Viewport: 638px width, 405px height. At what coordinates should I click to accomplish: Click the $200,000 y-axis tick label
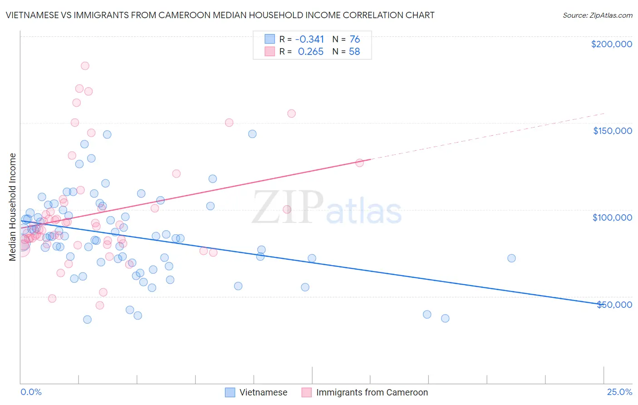pos(611,44)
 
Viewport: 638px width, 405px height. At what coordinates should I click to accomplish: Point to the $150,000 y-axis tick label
pos(612,131)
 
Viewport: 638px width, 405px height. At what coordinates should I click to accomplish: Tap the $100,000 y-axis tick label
pos(612,217)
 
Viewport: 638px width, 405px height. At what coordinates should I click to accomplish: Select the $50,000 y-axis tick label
pos(614,304)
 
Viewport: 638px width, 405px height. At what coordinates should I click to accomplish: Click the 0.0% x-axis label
pos(31,392)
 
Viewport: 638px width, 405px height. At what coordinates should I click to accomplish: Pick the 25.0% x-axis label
pos(619,392)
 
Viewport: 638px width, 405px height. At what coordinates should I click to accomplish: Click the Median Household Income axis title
pos(12,207)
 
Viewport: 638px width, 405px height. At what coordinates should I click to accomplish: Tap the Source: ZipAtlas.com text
pos(597,15)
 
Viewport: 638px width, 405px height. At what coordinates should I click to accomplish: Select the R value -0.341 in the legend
pos(309,40)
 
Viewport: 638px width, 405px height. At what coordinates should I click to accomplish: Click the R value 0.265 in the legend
pos(310,52)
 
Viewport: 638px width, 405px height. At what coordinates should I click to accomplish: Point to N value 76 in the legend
pos(354,40)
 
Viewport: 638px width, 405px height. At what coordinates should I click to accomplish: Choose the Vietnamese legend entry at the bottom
pos(256,392)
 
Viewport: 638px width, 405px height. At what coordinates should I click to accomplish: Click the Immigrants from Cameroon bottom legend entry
pos(365,392)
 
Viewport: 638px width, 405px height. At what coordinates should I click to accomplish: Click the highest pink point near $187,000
pos(85,66)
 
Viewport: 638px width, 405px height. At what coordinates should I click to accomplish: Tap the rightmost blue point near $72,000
pos(511,258)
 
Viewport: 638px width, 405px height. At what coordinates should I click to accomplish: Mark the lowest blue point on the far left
pos(87,320)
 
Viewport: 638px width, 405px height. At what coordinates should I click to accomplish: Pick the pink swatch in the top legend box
pos(270,52)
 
